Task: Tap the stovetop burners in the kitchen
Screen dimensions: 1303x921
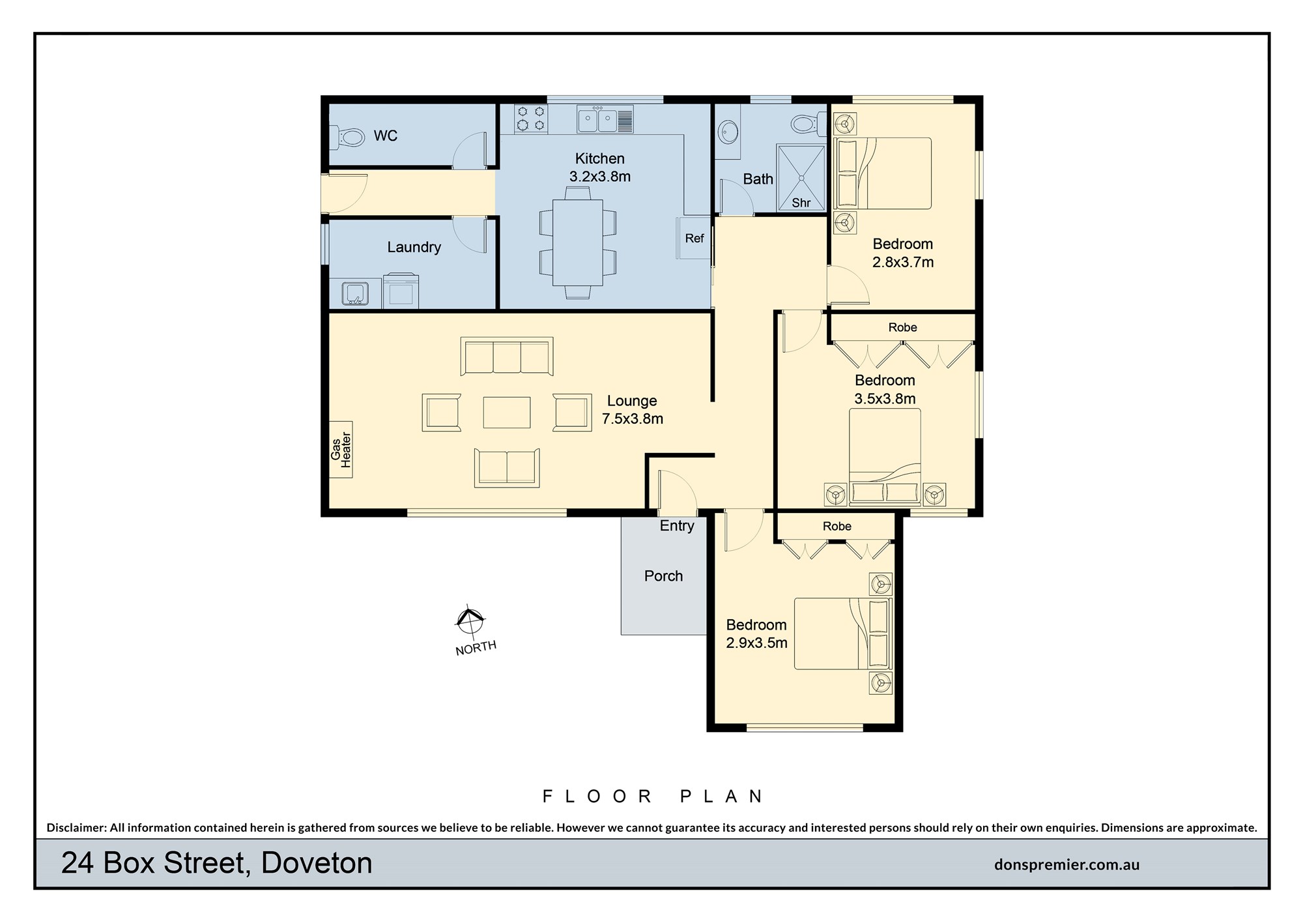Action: (x=530, y=119)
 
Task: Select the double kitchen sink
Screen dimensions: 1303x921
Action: (x=605, y=119)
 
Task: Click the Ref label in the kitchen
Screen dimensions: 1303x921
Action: (x=694, y=239)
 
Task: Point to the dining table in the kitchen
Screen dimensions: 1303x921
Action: (x=578, y=242)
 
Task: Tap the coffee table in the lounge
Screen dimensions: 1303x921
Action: (x=507, y=412)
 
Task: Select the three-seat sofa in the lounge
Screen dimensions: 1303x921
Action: (x=507, y=357)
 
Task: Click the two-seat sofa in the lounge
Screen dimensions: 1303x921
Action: (x=507, y=467)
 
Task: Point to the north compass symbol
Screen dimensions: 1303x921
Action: (x=469, y=621)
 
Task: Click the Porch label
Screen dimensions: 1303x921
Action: (x=663, y=576)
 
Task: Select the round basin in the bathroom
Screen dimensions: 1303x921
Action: (x=728, y=134)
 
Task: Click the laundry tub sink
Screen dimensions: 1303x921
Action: (x=355, y=293)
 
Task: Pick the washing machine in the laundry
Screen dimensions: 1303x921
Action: (x=401, y=291)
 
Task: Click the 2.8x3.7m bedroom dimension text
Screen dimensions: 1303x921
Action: (x=903, y=262)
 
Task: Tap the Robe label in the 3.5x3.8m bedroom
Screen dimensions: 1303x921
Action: (x=902, y=327)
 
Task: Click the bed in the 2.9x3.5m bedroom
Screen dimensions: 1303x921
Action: (x=843, y=634)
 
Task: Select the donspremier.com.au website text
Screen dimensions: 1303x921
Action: (x=1067, y=865)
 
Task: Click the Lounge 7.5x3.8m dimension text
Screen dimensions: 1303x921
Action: (x=632, y=418)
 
